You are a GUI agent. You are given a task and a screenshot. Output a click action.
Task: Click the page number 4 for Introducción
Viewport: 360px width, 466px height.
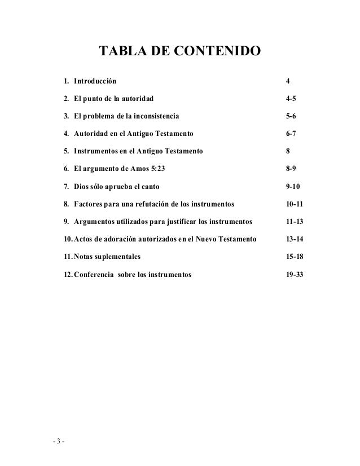(288, 82)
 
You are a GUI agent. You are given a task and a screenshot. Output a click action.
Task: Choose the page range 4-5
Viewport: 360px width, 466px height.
(291, 99)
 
